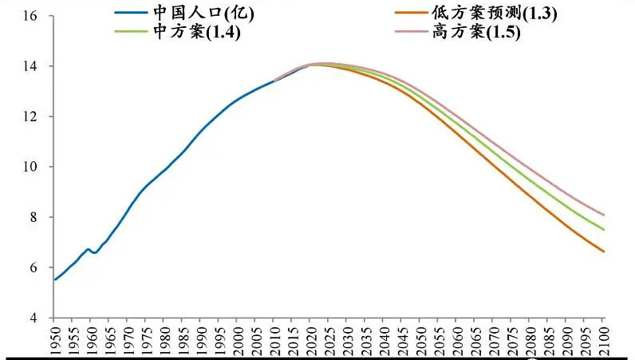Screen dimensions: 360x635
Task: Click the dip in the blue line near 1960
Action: coord(94,253)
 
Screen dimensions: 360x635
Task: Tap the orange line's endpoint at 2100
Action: coord(604,252)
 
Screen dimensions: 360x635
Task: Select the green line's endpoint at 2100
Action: coord(604,230)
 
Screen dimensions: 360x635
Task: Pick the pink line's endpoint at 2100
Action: coord(604,215)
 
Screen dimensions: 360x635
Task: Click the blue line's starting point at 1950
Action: coord(54,279)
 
